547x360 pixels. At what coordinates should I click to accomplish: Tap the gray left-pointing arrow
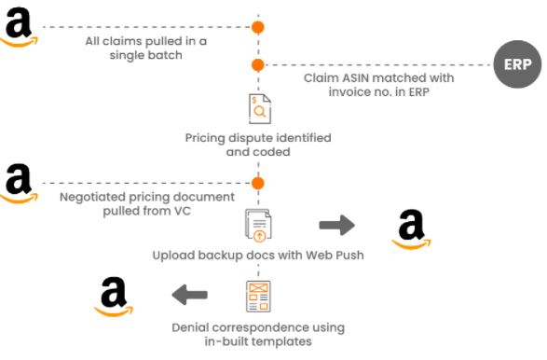pyautogui.click(x=190, y=296)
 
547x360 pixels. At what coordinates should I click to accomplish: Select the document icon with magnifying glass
pyautogui.click(x=259, y=109)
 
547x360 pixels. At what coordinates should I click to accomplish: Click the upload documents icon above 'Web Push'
pyautogui.click(x=258, y=225)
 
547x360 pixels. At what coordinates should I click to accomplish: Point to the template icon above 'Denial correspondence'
pyautogui.click(x=258, y=296)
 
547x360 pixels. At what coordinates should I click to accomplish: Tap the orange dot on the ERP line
pyautogui.click(x=258, y=64)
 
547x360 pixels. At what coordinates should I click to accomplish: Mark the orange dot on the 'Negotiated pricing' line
pyautogui.click(x=258, y=182)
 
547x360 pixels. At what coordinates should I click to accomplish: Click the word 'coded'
pyautogui.click(x=271, y=152)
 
